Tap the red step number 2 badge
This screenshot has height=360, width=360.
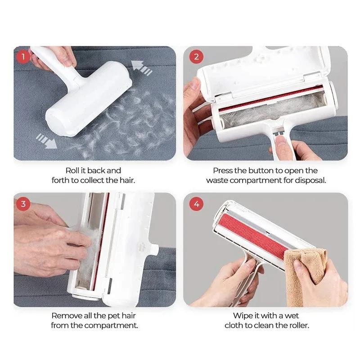pyautogui.click(x=196, y=57)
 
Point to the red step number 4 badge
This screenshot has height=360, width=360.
pyautogui.click(x=196, y=204)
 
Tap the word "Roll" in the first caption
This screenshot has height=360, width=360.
pyautogui.click(x=74, y=171)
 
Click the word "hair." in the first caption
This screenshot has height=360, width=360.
pyautogui.click(x=126, y=180)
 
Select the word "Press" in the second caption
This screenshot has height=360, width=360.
pyautogui.click(x=223, y=171)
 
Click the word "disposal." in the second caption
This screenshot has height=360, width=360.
pyautogui.click(x=310, y=180)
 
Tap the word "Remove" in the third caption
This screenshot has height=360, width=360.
pyautogui.click(x=65, y=315)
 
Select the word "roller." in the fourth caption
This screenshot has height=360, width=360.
pyautogui.click(x=297, y=325)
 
